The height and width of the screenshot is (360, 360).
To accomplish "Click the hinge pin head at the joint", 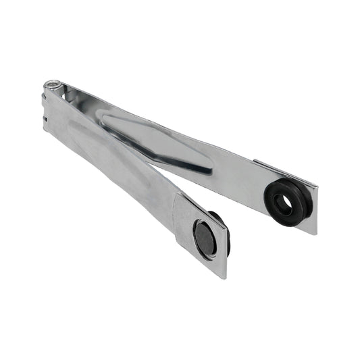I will [x=51, y=85].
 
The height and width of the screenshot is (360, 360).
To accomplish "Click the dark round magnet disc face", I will [x=204, y=238].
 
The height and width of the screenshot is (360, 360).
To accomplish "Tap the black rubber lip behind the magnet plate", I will [x=225, y=233].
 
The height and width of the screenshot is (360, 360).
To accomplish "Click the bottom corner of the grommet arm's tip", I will [x=315, y=234].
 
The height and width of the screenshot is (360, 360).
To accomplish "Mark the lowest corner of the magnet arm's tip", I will [x=224, y=278].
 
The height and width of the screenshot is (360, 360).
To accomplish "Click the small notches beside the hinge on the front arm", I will [x=44, y=115].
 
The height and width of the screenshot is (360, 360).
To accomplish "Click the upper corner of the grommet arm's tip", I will [x=318, y=186].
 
